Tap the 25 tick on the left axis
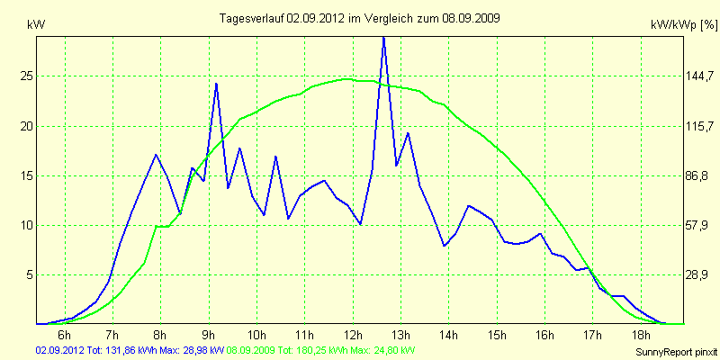[27, 76]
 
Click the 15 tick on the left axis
[27, 175]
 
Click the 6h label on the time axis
[65, 336]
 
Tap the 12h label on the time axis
[353, 336]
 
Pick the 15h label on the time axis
[497, 336]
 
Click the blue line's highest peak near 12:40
[384, 37]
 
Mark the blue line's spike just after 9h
[217, 83]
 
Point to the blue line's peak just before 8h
[157, 155]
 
